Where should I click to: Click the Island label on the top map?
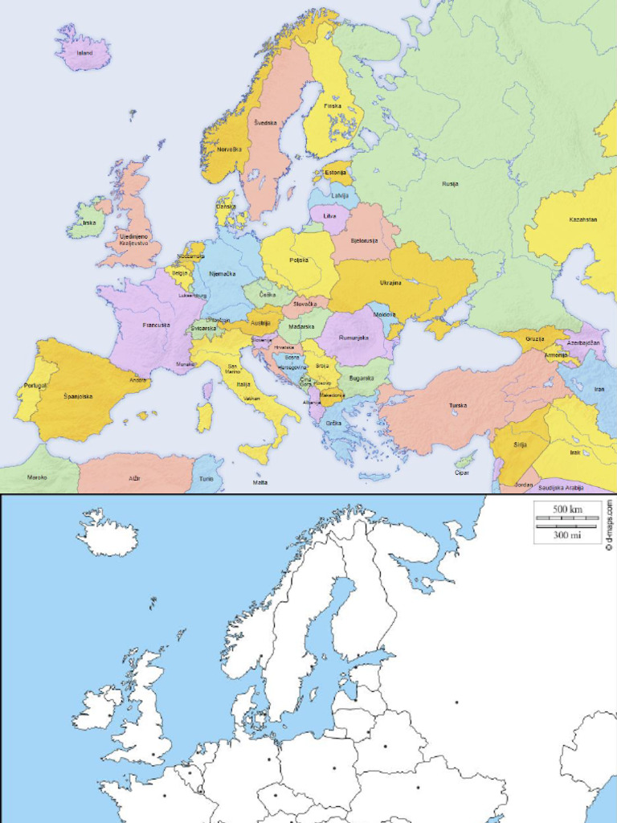tap(84, 53)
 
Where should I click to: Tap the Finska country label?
tap(332, 106)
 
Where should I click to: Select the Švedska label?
tap(266, 122)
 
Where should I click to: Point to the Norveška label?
tap(229, 149)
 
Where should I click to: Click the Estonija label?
tap(336, 173)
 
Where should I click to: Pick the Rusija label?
tap(450, 184)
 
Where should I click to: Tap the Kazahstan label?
tap(583, 219)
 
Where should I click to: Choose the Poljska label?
tap(299, 260)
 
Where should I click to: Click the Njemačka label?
tap(222, 274)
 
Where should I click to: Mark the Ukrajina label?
tap(391, 283)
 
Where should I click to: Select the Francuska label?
tap(156, 325)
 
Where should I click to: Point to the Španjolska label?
tap(78, 396)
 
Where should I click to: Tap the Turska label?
tap(458, 405)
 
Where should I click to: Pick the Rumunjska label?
tap(353, 338)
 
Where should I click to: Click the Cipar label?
tap(461, 473)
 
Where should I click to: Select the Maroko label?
tap(37, 477)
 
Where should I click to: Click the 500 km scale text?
tap(566, 510)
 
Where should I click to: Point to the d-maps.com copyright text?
tap(609, 524)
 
